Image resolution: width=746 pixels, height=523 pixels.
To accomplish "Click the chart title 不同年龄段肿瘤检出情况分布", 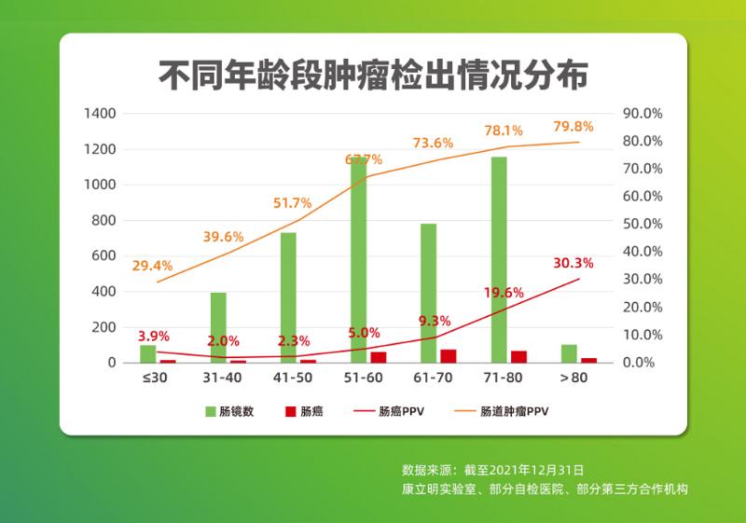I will point(372,75).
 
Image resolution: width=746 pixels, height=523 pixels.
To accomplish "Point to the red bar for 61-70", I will point(449,356).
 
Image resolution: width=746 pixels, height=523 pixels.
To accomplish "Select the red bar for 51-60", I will point(378,357).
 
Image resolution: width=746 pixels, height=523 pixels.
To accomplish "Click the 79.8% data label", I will point(573,127).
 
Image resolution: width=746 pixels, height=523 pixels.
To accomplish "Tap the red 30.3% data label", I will point(573,263).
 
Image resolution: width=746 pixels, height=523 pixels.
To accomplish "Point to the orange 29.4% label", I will point(152,266).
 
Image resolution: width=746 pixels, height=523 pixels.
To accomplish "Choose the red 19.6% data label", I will point(503,293).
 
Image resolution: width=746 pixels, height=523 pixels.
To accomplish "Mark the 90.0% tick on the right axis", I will point(642,114).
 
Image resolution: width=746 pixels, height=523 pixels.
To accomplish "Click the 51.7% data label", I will point(292,203).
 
